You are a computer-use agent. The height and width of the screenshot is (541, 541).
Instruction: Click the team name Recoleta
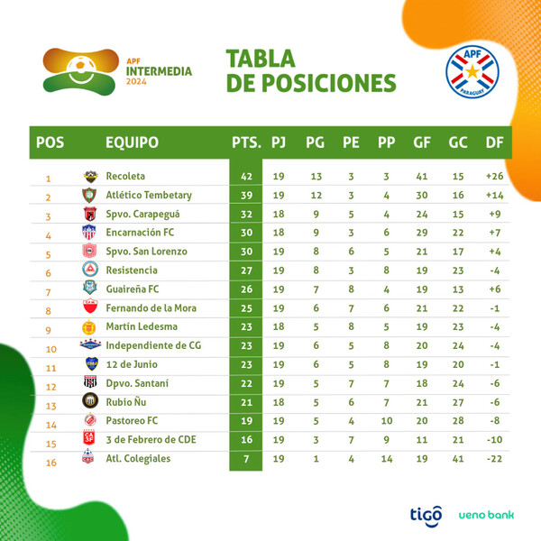tap(125, 176)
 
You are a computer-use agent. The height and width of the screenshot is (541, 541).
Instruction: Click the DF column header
tap(493, 142)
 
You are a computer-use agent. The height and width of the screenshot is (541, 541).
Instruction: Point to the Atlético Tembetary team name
tap(149, 195)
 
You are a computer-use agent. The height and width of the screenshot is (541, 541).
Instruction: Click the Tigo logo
tap(426, 514)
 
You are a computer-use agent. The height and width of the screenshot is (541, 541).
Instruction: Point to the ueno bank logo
tap(487, 515)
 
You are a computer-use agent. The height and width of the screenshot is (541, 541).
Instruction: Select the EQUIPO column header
tap(132, 142)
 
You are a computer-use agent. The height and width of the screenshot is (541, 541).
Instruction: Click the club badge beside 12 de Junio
tap(89, 363)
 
